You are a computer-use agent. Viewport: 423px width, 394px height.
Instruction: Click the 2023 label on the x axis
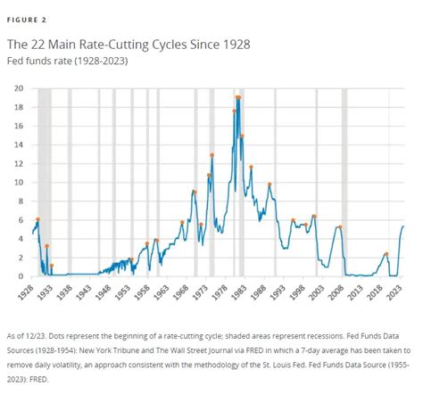tap(403, 291)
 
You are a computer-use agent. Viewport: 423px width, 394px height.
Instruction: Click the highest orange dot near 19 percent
tap(238, 97)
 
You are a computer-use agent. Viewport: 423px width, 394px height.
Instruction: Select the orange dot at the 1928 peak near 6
tap(37, 219)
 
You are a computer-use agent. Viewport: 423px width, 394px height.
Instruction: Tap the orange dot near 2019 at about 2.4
tap(386, 254)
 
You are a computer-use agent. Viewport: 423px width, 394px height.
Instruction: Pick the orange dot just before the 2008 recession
tap(340, 227)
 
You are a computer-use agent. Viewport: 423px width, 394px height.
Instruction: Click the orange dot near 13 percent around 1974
tap(212, 155)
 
